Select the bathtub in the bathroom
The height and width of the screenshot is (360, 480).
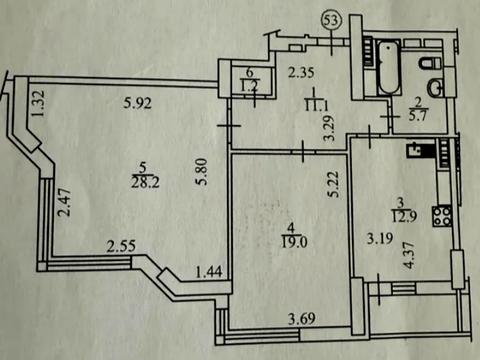coord(387,64)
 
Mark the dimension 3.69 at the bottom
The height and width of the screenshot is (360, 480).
coord(304,320)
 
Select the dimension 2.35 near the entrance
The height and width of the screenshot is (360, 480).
coord(302,71)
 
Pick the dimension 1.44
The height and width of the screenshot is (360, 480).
coord(208,270)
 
